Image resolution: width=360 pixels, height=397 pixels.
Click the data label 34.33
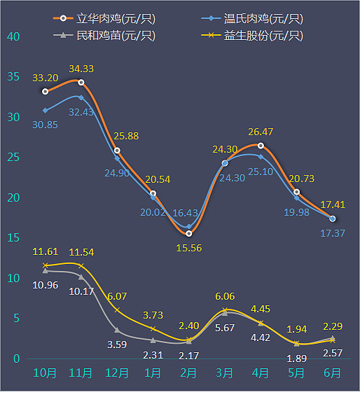click(x=81, y=69)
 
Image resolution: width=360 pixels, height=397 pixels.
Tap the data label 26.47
click(x=261, y=132)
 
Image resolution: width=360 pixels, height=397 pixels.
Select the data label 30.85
click(x=45, y=124)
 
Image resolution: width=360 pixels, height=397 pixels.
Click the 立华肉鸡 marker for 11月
click(x=81, y=83)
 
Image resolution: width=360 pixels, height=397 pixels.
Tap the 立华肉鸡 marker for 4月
click(x=261, y=146)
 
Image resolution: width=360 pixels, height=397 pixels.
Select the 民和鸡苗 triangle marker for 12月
click(x=117, y=330)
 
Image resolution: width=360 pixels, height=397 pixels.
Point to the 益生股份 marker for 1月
click(x=153, y=328)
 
